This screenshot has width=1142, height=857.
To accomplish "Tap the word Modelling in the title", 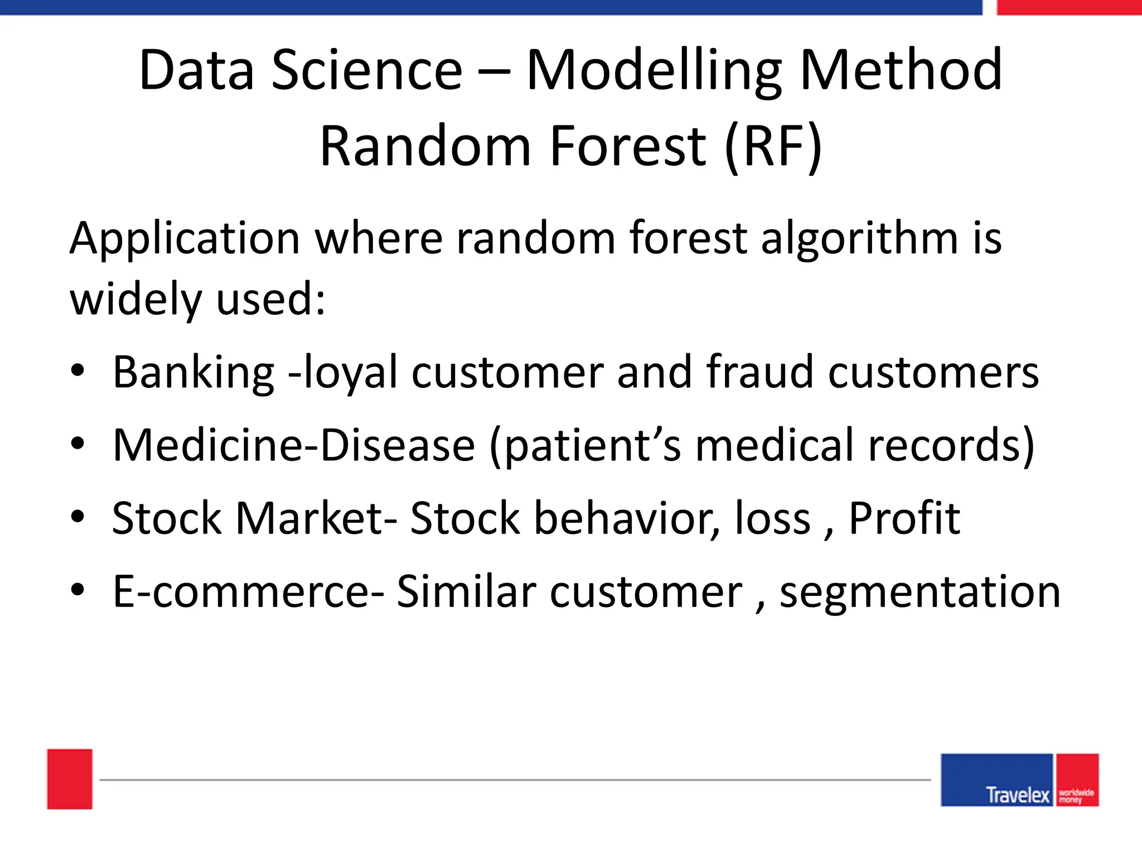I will pyautogui.click(x=654, y=71).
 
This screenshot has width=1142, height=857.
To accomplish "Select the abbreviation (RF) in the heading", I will pyautogui.click(x=773, y=146).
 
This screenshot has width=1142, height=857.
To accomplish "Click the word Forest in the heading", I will pyautogui.click(x=628, y=146).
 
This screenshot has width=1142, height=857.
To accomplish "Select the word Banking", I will pyautogui.click(x=193, y=373).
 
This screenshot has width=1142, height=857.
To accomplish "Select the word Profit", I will pyautogui.click(x=904, y=518).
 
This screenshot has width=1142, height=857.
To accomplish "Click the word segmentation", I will pyautogui.click(x=920, y=593).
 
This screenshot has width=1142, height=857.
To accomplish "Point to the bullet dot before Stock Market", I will pyautogui.click(x=78, y=517).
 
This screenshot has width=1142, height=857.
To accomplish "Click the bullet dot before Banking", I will pyautogui.click(x=78, y=370).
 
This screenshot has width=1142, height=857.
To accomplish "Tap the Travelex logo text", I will pyautogui.click(x=1017, y=795).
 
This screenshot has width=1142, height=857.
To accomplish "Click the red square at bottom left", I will pyautogui.click(x=70, y=779).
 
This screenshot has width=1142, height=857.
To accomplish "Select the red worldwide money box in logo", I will pyautogui.click(x=1077, y=780).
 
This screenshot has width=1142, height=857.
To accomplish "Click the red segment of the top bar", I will pyautogui.click(x=1069, y=7).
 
